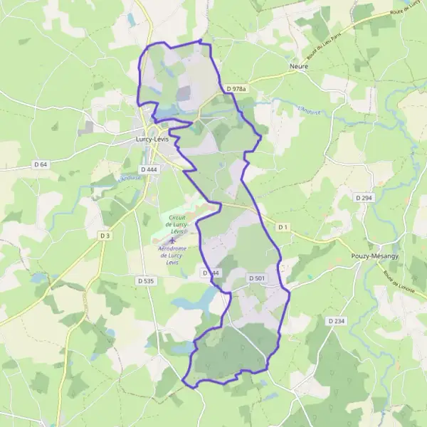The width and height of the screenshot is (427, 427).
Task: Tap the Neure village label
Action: [298, 66]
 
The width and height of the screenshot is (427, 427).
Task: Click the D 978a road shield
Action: [236, 89]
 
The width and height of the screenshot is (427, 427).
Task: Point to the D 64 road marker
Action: [40, 164]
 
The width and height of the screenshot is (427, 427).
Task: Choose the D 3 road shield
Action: [105, 235]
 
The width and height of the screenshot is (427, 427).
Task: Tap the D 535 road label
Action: [144, 281]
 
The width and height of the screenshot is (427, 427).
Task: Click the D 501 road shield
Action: [257, 277]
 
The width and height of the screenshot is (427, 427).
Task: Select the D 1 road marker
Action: [283, 227]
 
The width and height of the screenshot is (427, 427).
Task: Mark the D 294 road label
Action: [363, 196]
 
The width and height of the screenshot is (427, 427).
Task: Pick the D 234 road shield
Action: [337, 321]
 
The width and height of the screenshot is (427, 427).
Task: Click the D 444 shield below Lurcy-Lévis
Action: [149, 169]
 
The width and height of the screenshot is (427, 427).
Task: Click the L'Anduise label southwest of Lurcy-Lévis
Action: [130, 178]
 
